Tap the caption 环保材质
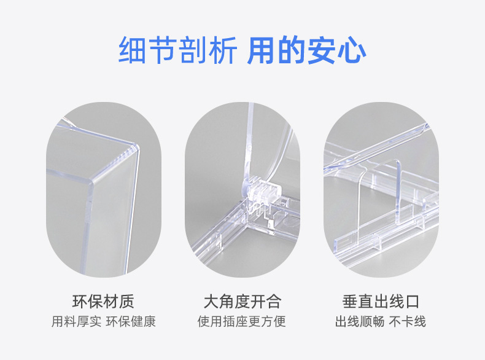pos(103,302)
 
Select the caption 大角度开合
pos(243,302)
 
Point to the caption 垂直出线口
pos(381,302)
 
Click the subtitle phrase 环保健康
pos(131,321)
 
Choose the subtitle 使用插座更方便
pos(242,321)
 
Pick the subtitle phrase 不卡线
pos(408,321)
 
